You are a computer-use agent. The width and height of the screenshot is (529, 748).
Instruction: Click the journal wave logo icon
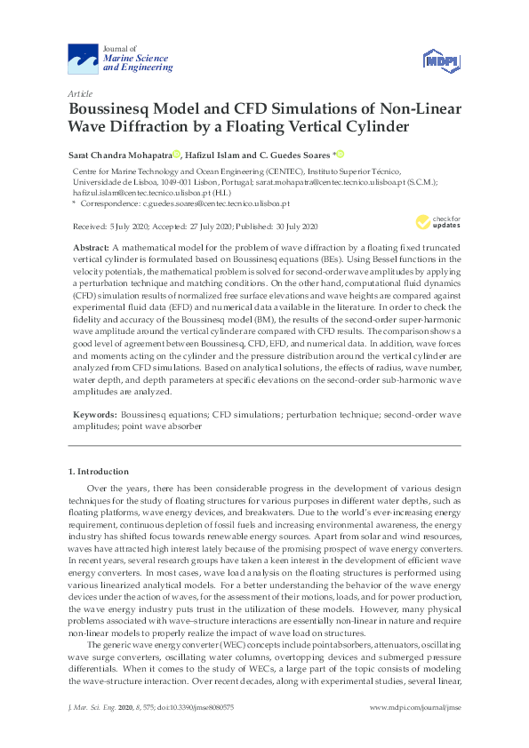click(84, 59)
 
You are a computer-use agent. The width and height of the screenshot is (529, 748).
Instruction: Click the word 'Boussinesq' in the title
click(112, 109)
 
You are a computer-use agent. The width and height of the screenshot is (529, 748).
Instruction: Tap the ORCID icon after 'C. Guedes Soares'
click(340, 153)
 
